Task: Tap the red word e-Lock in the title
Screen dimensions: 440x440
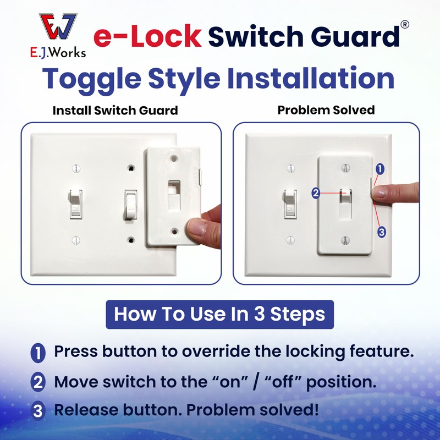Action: coord(147,37)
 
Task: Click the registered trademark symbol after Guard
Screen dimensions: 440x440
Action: coord(404,24)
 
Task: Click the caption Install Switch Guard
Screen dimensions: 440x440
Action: coord(115,110)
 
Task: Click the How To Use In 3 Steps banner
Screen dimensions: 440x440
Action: coord(219,314)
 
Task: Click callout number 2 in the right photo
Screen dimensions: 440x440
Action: coord(316,193)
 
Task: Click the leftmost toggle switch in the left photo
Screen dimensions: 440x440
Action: coord(76,204)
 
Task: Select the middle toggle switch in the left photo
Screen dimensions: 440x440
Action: coord(131,205)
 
